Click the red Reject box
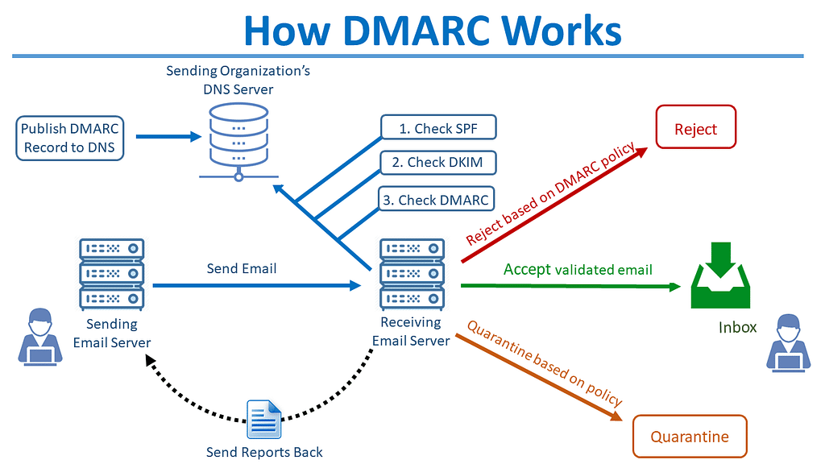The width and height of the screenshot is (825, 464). [696, 129]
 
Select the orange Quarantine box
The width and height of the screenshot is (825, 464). [690, 437]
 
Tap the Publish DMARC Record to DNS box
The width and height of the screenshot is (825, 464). [70, 138]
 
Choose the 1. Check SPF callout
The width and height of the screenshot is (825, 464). [437, 128]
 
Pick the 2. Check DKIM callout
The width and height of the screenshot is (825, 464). [438, 163]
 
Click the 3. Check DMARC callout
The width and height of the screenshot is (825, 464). [435, 200]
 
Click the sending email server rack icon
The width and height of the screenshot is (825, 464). [112, 274]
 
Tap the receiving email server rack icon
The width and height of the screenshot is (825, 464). [412, 274]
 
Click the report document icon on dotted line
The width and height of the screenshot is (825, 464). [264, 420]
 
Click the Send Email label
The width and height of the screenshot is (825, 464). [242, 268]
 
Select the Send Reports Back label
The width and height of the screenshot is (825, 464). [264, 452]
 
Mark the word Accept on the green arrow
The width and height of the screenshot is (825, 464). [527, 269]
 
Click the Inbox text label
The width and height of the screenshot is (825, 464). [738, 327]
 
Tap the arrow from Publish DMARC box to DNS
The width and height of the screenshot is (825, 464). [168, 137]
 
